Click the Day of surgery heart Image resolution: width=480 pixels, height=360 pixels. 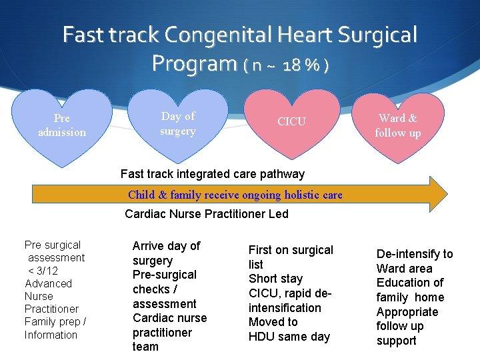pyautogui.click(x=178, y=124)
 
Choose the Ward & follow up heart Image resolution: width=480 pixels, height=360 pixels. pyautogui.click(x=398, y=126)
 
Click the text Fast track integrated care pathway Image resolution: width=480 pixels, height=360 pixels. pyautogui.click(x=213, y=174)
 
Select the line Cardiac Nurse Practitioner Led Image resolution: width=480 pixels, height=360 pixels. pyautogui.click(x=207, y=214)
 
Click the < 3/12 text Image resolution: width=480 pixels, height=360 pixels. pyautogui.click(x=43, y=270)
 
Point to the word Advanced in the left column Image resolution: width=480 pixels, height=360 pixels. pyautogui.click(x=48, y=283)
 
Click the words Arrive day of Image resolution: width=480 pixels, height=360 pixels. pyautogui.click(x=166, y=246)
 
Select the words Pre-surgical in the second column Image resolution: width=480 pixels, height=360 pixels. pyautogui.click(x=165, y=275)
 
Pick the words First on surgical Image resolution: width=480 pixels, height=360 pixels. pyautogui.click(x=291, y=250)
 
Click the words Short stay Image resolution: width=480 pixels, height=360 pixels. pyautogui.click(x=275, y=279)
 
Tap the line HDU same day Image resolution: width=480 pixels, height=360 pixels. pyautogui.click(x=289, y=337)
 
